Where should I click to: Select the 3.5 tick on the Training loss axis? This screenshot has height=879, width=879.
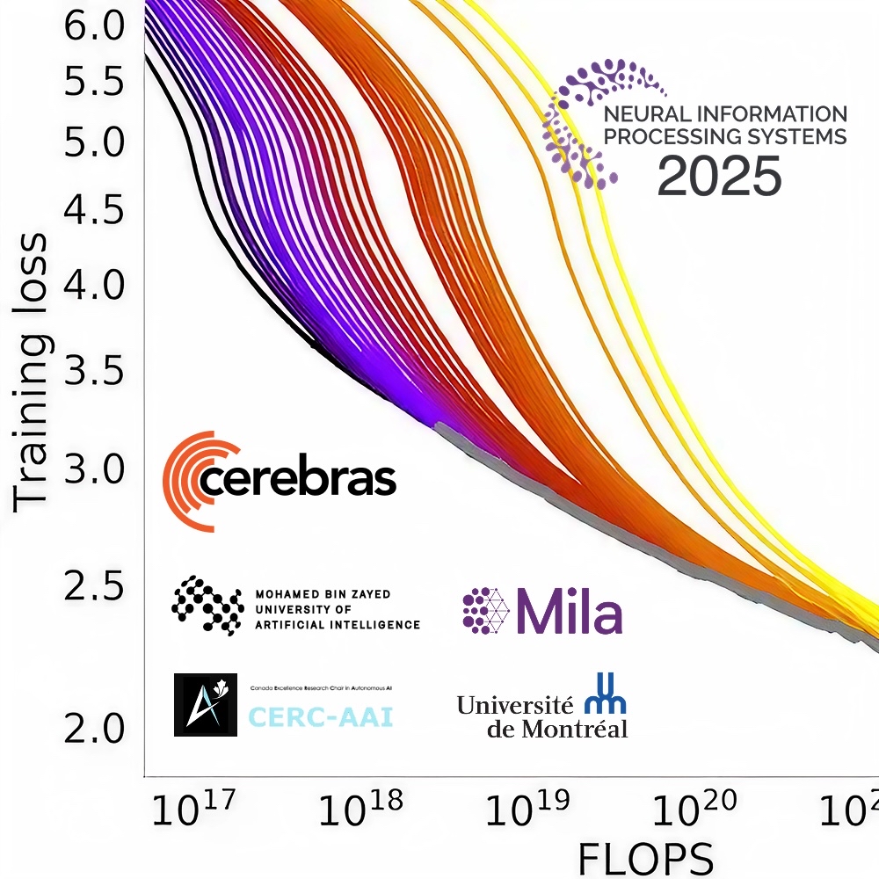[x=95, y=374]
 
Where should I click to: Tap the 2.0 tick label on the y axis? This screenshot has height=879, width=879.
[x=95, y=728]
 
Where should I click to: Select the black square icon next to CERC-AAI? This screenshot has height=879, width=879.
[x=205, y=705]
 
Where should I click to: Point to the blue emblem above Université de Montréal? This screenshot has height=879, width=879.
[x=606, y=693]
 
